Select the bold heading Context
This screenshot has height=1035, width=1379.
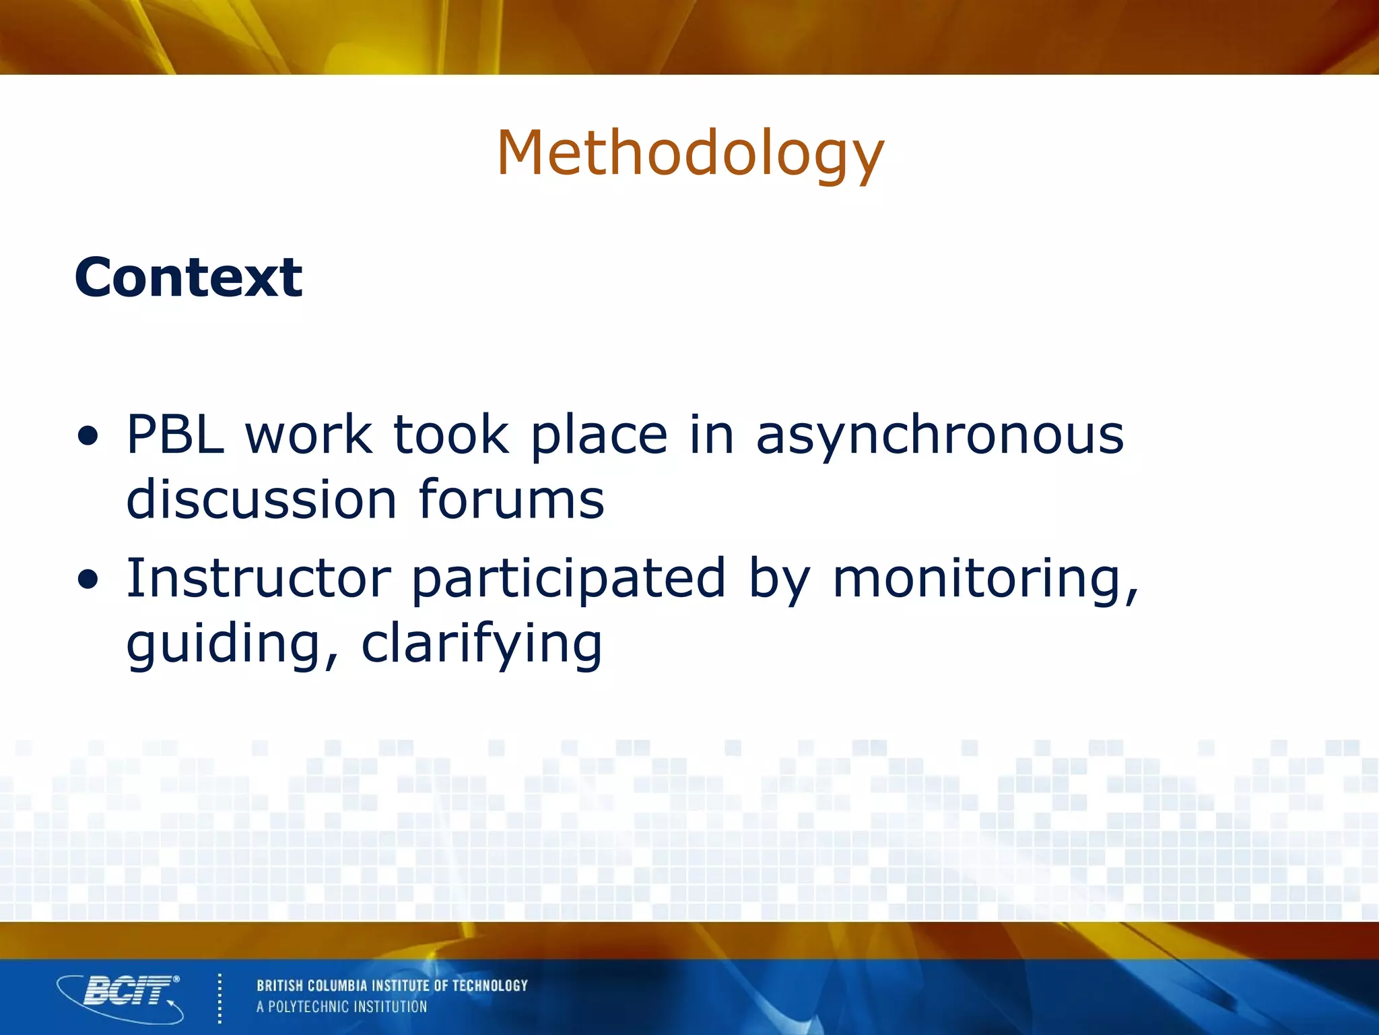point(189,277)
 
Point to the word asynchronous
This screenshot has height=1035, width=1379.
point(939,437)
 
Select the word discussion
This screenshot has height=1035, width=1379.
point(261,500)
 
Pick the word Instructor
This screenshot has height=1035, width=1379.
point(259,577)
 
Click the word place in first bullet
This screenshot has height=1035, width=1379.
point(599,437)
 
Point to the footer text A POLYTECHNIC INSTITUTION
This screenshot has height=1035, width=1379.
point(341,1007)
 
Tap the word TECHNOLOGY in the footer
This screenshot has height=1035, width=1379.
point(490,986)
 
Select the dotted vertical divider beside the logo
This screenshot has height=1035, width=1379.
point(220,998)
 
